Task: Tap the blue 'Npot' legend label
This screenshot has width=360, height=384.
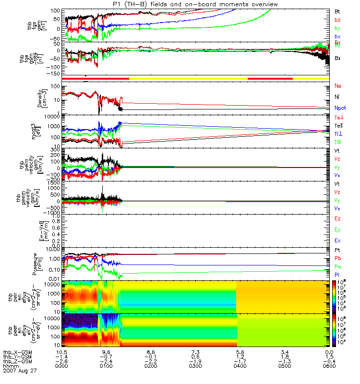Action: tap(339, 108)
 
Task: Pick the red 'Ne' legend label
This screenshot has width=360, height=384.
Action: tap(337, 86)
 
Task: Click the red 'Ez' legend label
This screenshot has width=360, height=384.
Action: tap(337, 218)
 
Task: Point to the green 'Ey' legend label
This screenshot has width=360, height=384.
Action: tap(337, 229)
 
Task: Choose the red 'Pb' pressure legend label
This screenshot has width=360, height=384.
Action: tap(337, 258)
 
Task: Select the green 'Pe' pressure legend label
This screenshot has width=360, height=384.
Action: tap(337, 266)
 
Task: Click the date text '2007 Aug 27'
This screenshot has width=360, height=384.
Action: tap(20, 371)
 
